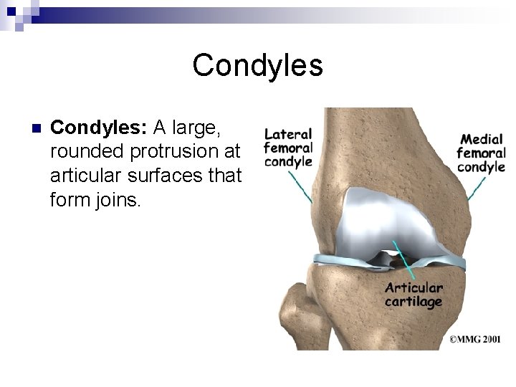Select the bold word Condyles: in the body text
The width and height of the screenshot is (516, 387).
click(x=99, y=128)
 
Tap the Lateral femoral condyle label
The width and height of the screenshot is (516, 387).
click(x=288, y=147)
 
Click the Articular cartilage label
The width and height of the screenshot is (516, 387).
click(x=414, y=295)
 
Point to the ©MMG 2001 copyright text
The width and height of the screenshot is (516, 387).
click(x=475, y=340)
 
